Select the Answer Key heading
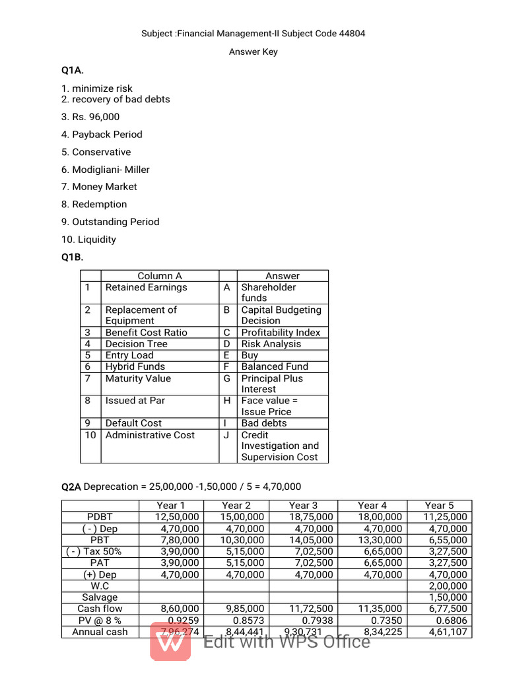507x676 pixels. click(253, 52)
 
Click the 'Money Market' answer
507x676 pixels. click(104, 187)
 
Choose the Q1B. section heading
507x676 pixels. click(73, 257)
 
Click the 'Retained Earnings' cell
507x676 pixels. click(146, 287)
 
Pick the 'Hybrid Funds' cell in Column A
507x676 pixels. click(135, 366)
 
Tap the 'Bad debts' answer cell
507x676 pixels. click(264, 423)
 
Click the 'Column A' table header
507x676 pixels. click(160, 276)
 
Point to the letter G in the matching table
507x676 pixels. click(227, 378)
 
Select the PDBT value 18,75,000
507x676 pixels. click(311, 517)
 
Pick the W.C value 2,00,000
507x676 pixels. click(447, 586)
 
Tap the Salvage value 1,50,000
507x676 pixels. click(447, 597)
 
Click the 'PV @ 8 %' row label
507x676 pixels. click(100, 621)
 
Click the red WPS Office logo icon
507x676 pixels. click(170, 640)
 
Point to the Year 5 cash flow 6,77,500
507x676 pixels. click(447, 609)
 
